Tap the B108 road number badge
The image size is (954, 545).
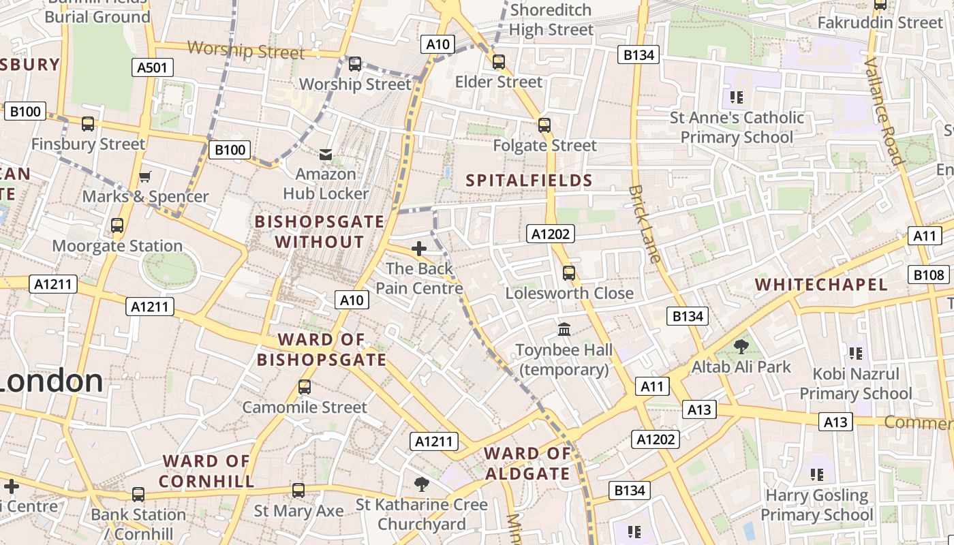pyautogui.click(x=929, y=275)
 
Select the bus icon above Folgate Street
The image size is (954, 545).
pyautogui.click(x=544, y=125)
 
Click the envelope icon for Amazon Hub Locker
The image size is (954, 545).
pyautogui.click(x=326, y=155)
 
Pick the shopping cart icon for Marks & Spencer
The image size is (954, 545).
pyautogui.click(x=144, y=177)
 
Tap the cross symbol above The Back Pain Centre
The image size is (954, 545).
pyautogui.click(x=419, y=249)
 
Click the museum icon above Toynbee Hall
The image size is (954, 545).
pyautogui.click(x=564, y=330)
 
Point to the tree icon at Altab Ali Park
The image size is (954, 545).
pyautogui.click(x=741, y=347)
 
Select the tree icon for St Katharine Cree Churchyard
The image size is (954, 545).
pyautogui.click(x=422, y=484)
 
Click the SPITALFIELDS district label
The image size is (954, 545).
pyautogui.click(x=529, y=181)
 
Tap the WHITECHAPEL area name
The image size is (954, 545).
pyautogui.click(x=821, y=285)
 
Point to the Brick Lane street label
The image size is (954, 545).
pyautogui.click(x=645, y=223)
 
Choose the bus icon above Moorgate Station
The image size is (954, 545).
pyautogui.click(x=117, y=225)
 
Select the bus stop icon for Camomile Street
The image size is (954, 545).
pyautogui.click(x=305, y=387)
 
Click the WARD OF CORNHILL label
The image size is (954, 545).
pyautogui.click(x=207, y=471)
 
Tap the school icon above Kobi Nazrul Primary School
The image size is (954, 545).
pyautogui.click(x=856, y=353)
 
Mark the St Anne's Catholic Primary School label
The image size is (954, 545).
pyautogui.click(x=737, y=127)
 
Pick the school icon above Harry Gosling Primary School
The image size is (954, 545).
pyautogui.click(x=816, y=474)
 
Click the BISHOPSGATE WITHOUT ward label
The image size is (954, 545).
pyautogui.click(x=320, y=232)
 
